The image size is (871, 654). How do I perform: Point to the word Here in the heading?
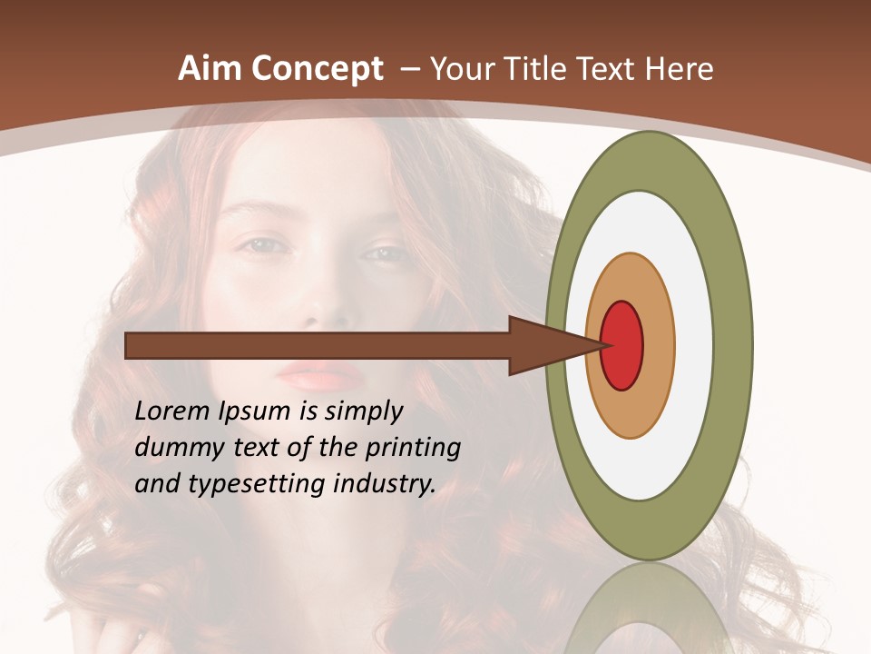tap(680, 68)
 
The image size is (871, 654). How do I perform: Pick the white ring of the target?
tap(694, 345)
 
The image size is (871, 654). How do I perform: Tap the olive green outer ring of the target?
tap(733, 345)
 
